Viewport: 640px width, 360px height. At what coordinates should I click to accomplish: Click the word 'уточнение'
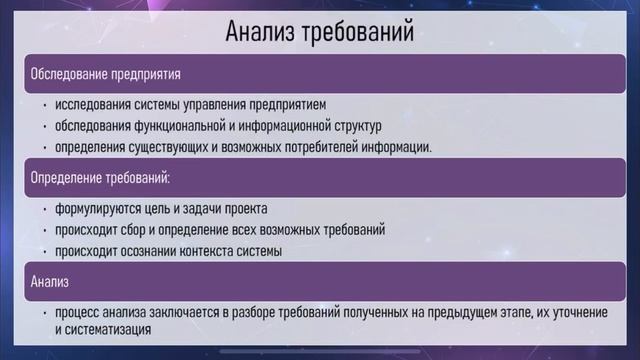click(x=574, y=313)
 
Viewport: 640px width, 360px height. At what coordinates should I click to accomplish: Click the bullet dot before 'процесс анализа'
click(x=45, y=313)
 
